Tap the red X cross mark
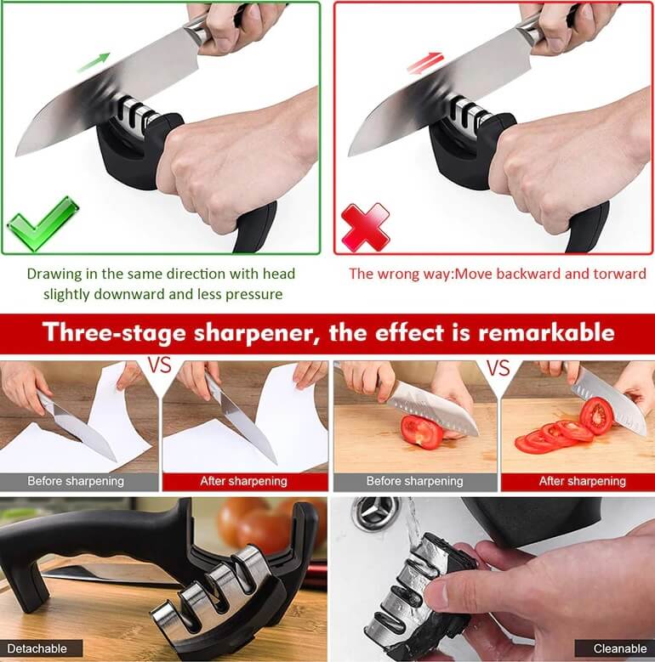point(366,227)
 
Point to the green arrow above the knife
point(94,62)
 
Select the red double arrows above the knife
point(425,63)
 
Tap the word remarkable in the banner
point(546,331)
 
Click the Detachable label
point(37,648)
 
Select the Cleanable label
point(620,648)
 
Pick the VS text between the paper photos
point(160,365)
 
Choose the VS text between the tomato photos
point(498,367)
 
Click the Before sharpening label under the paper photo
point(76,481)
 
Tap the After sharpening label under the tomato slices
point(583,481)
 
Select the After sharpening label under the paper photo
point(244,481)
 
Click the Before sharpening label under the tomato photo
point(414,481)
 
